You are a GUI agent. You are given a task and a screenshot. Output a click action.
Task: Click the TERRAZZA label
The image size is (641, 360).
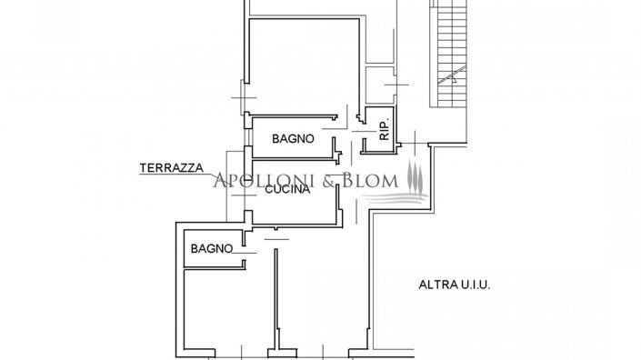[170, 168]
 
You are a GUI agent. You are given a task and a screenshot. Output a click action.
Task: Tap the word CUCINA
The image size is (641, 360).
[289, 191]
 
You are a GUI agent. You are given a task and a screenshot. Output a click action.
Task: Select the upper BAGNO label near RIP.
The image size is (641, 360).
[294, 139]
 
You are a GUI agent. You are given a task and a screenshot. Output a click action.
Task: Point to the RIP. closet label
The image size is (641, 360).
[384, 131]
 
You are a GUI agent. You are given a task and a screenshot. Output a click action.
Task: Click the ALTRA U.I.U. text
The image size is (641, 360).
[454, 285]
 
